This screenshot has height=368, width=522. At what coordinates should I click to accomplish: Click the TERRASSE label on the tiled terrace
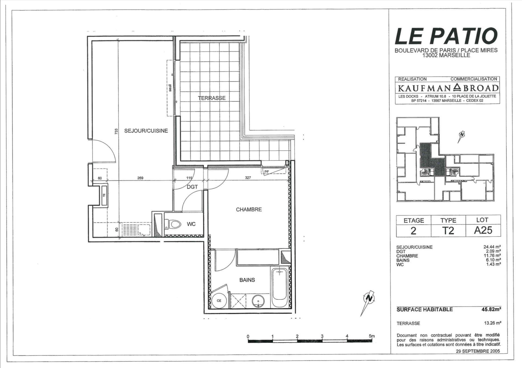pyautogui.click(x=212, y=98)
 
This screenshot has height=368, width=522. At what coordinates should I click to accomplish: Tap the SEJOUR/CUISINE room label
pyautogui.click(x=146, y=131)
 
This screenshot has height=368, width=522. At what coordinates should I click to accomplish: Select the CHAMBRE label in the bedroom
pyautogui.click(x=249, y=209)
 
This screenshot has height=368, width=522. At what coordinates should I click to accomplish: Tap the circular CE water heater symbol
pyautogui.click(x=219, y=301)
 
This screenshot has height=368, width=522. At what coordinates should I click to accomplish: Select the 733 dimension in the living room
pyautogui.click(x=116, y=132)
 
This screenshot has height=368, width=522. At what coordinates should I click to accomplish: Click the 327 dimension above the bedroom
pyautogui.click(x=248, y=178)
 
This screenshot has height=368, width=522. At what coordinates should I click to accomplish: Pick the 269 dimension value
pyautogui.click(x=140, y=178)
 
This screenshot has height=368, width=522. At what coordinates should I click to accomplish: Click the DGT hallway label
pyautogui.click(x=192, y=187)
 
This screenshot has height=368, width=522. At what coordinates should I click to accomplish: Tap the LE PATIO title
pyautogui.click(x=446, y=36)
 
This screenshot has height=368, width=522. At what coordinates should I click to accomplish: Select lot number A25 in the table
pyautogui.click(x=483, y=230)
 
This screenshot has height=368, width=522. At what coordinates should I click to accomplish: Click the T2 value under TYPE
pyautogui.click(x=448, y=231)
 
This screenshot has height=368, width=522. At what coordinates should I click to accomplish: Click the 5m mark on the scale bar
pyautogui.click(x=372, y=336)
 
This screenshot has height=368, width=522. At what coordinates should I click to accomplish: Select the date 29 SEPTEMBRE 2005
pyautogui.click(x=478, y=351)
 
